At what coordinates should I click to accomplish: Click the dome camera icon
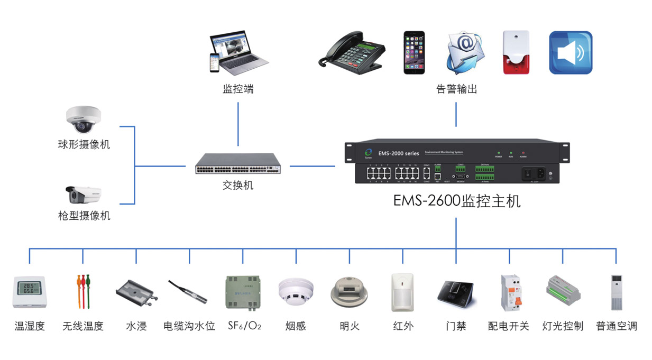pyautogui.click(x=82, y=119)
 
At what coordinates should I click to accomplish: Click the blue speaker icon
pyautogui.click(x=571, y=52)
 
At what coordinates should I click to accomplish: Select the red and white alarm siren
pyautogui.click(x=516, y=52)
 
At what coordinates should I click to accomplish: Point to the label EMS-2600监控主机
pyautogui.click(x=457, y=201)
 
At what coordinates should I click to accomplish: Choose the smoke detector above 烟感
pyautogui.click(x=296, y=291)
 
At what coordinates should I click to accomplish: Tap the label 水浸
pyautogui.click(x=136, y=326)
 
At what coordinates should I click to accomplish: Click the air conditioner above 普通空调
pyautogui.click(x=617, y=292)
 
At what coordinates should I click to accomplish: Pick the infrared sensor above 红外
pyautogui.click(x=403, y=292)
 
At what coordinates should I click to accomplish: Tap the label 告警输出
pyautogui.click(x=456, y=89)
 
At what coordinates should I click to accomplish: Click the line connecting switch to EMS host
pyautogui.click(x=312, y=166)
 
